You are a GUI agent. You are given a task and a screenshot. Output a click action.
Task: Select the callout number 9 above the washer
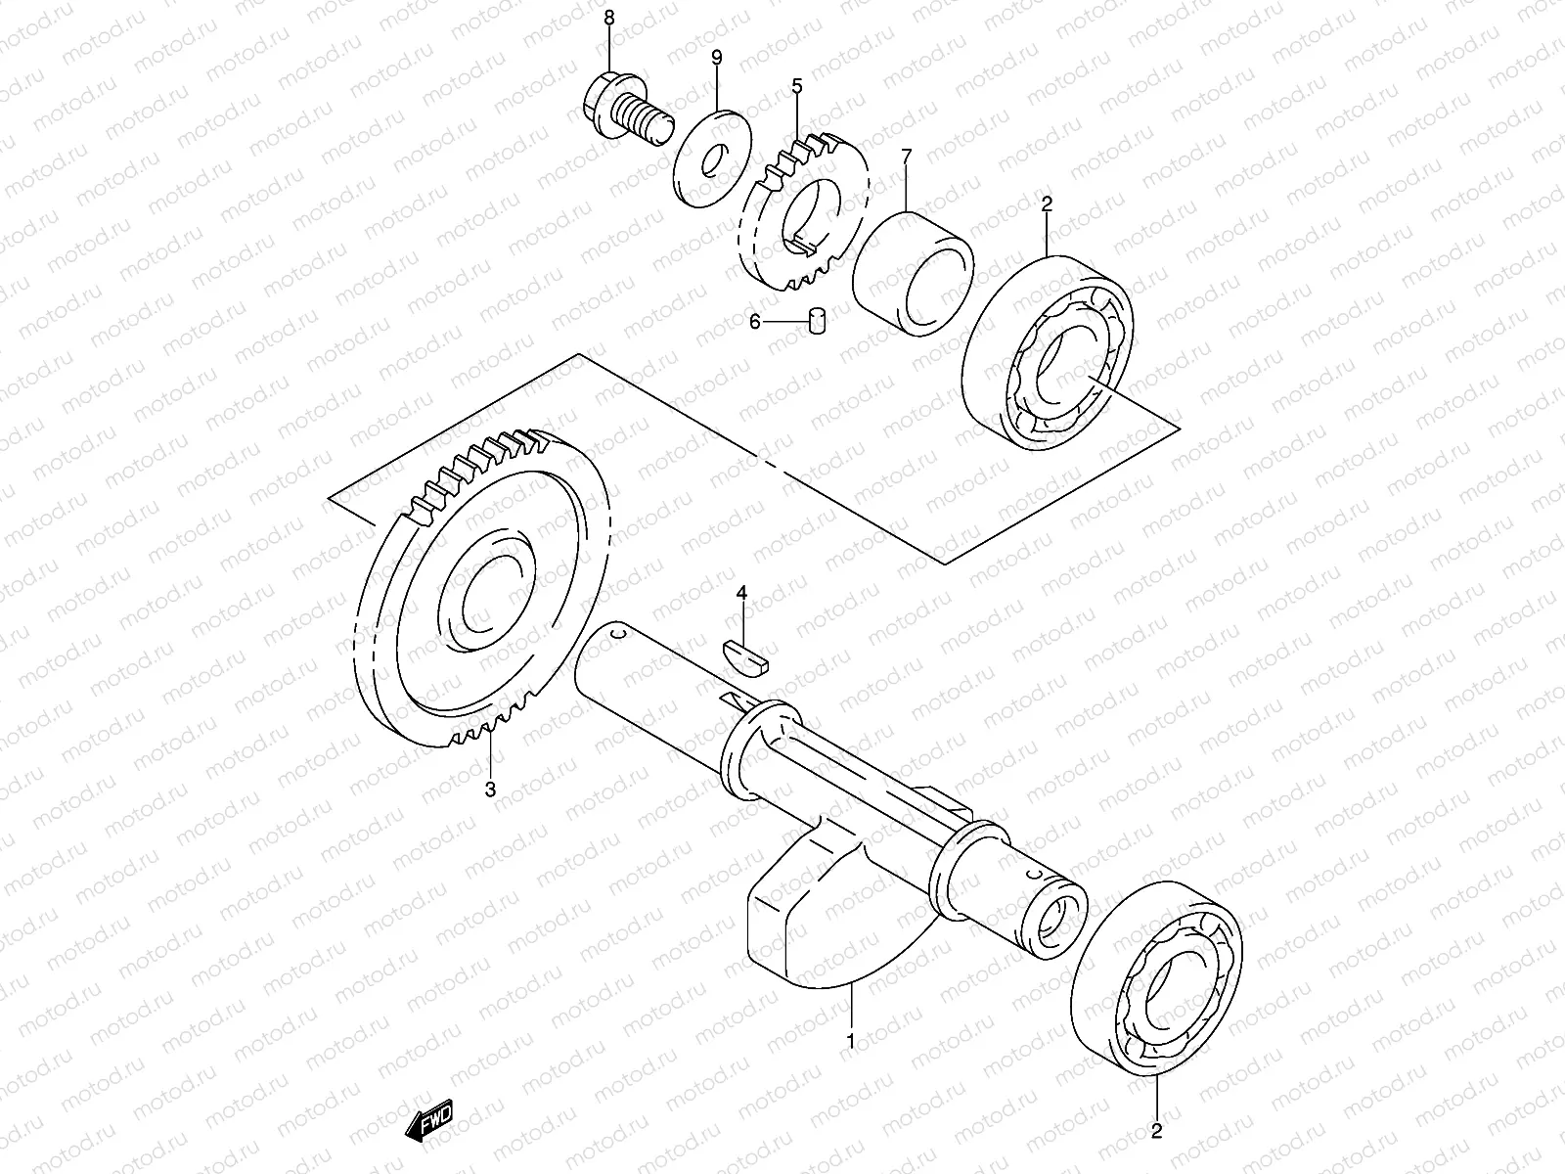point(717,59)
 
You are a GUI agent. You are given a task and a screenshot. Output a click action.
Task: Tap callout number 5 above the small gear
point(797,87)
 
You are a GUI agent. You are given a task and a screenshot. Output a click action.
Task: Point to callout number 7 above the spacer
point(907,156)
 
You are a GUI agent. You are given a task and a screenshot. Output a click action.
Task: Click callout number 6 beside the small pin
point(754,321)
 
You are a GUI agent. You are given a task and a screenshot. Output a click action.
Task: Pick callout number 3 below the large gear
point(490,789)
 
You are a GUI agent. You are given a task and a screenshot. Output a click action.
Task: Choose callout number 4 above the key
point(741,593)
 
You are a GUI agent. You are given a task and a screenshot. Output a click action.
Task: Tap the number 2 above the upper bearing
point(1047,204)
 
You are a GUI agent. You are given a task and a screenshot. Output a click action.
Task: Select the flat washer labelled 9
point(713,158)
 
